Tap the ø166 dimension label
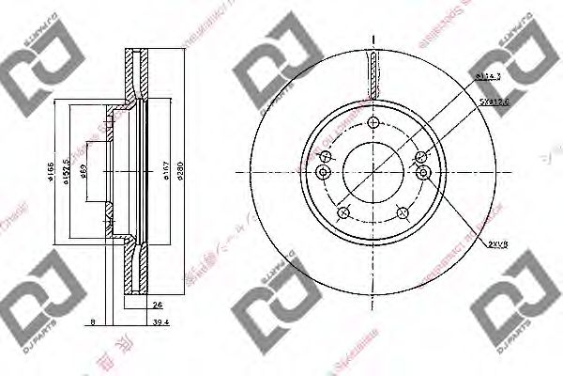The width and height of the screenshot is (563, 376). click(x=52, y=170)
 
